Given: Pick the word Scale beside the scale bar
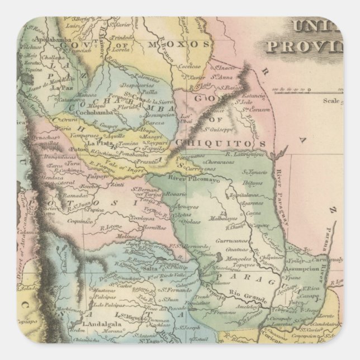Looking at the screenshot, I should [x=331, y=101].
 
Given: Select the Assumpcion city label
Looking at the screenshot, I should [x=305, y=267].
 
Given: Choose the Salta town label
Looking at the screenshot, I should [x=149, y=269].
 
